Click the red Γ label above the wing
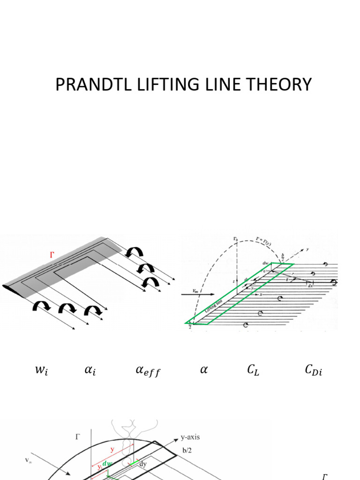click(x=52, y=255)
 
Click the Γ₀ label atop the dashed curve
click(x=235, y=239)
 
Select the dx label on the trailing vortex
click(x=309, y=285)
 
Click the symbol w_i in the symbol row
click(x=42, y=371)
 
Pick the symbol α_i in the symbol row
click(x=90, y=371)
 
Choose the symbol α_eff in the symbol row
click(x=148, y=371)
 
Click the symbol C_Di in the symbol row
click(x=313, y=371)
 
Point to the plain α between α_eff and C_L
click(x=203, y=370)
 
